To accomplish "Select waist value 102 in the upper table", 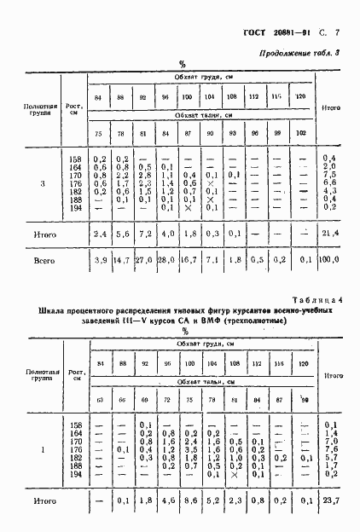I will (x=299, y=133).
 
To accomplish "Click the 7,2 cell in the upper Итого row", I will (x=144, y=232).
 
